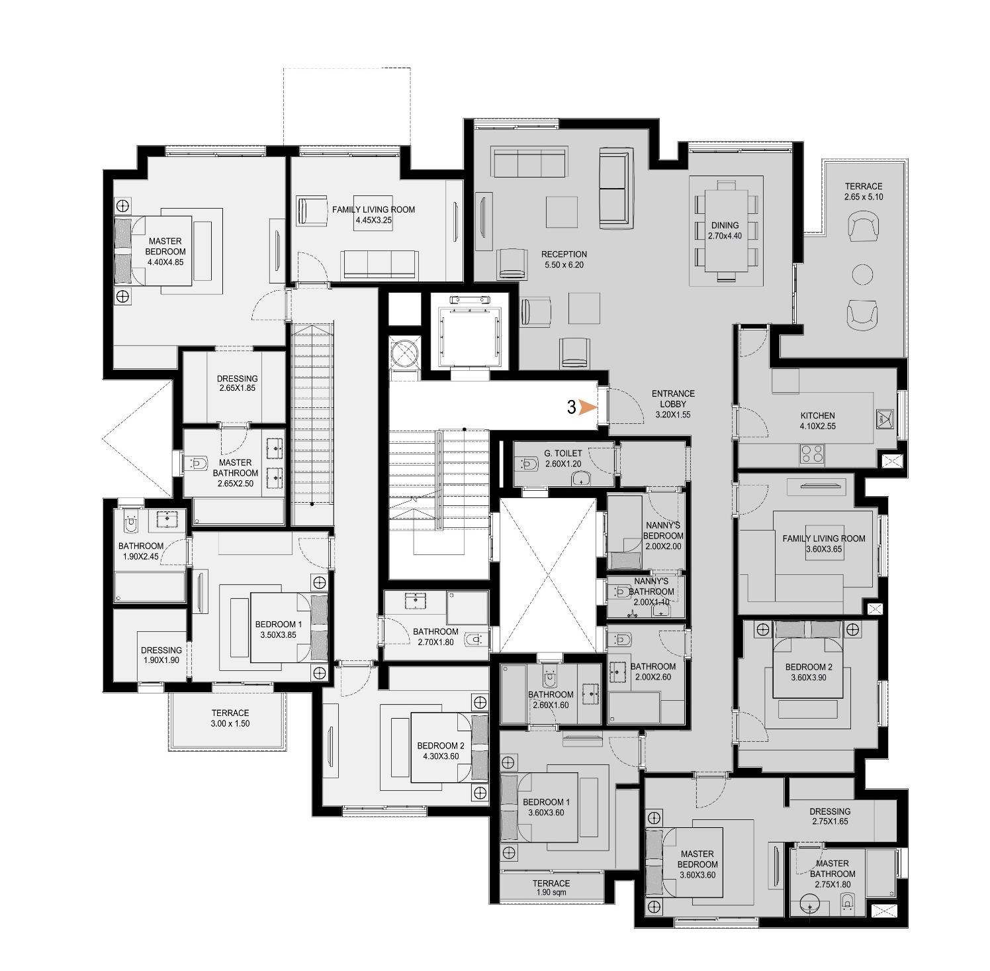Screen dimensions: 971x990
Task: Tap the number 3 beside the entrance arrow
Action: click(571, 407)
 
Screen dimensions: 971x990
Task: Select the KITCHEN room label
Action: click(817, 421)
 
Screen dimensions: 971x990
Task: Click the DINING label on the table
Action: click(725, 230)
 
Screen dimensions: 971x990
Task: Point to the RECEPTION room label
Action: click(564, 259)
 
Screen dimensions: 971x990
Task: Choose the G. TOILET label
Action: click(563, 458)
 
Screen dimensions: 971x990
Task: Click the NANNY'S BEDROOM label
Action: click(663, 535)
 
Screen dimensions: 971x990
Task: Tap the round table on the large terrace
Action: click(862, 274)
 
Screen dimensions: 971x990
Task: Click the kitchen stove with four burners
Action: click(813, 454)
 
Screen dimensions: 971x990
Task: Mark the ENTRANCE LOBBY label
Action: click(672, 403)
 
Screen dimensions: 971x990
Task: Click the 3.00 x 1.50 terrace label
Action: click(230, 718)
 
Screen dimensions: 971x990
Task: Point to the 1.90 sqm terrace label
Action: click(551, 888)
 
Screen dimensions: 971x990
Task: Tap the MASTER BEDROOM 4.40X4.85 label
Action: click(165, 251)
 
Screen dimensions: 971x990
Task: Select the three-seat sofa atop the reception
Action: click(529, 162)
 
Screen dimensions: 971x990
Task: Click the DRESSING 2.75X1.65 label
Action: click(829, 816)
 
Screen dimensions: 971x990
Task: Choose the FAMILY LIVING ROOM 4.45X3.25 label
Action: click(373, 214)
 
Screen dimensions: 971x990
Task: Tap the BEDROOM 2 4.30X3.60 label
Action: click(440, 750)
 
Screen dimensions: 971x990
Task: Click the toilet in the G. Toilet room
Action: click(531, 464)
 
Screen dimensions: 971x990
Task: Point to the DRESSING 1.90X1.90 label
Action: click(161, 655)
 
